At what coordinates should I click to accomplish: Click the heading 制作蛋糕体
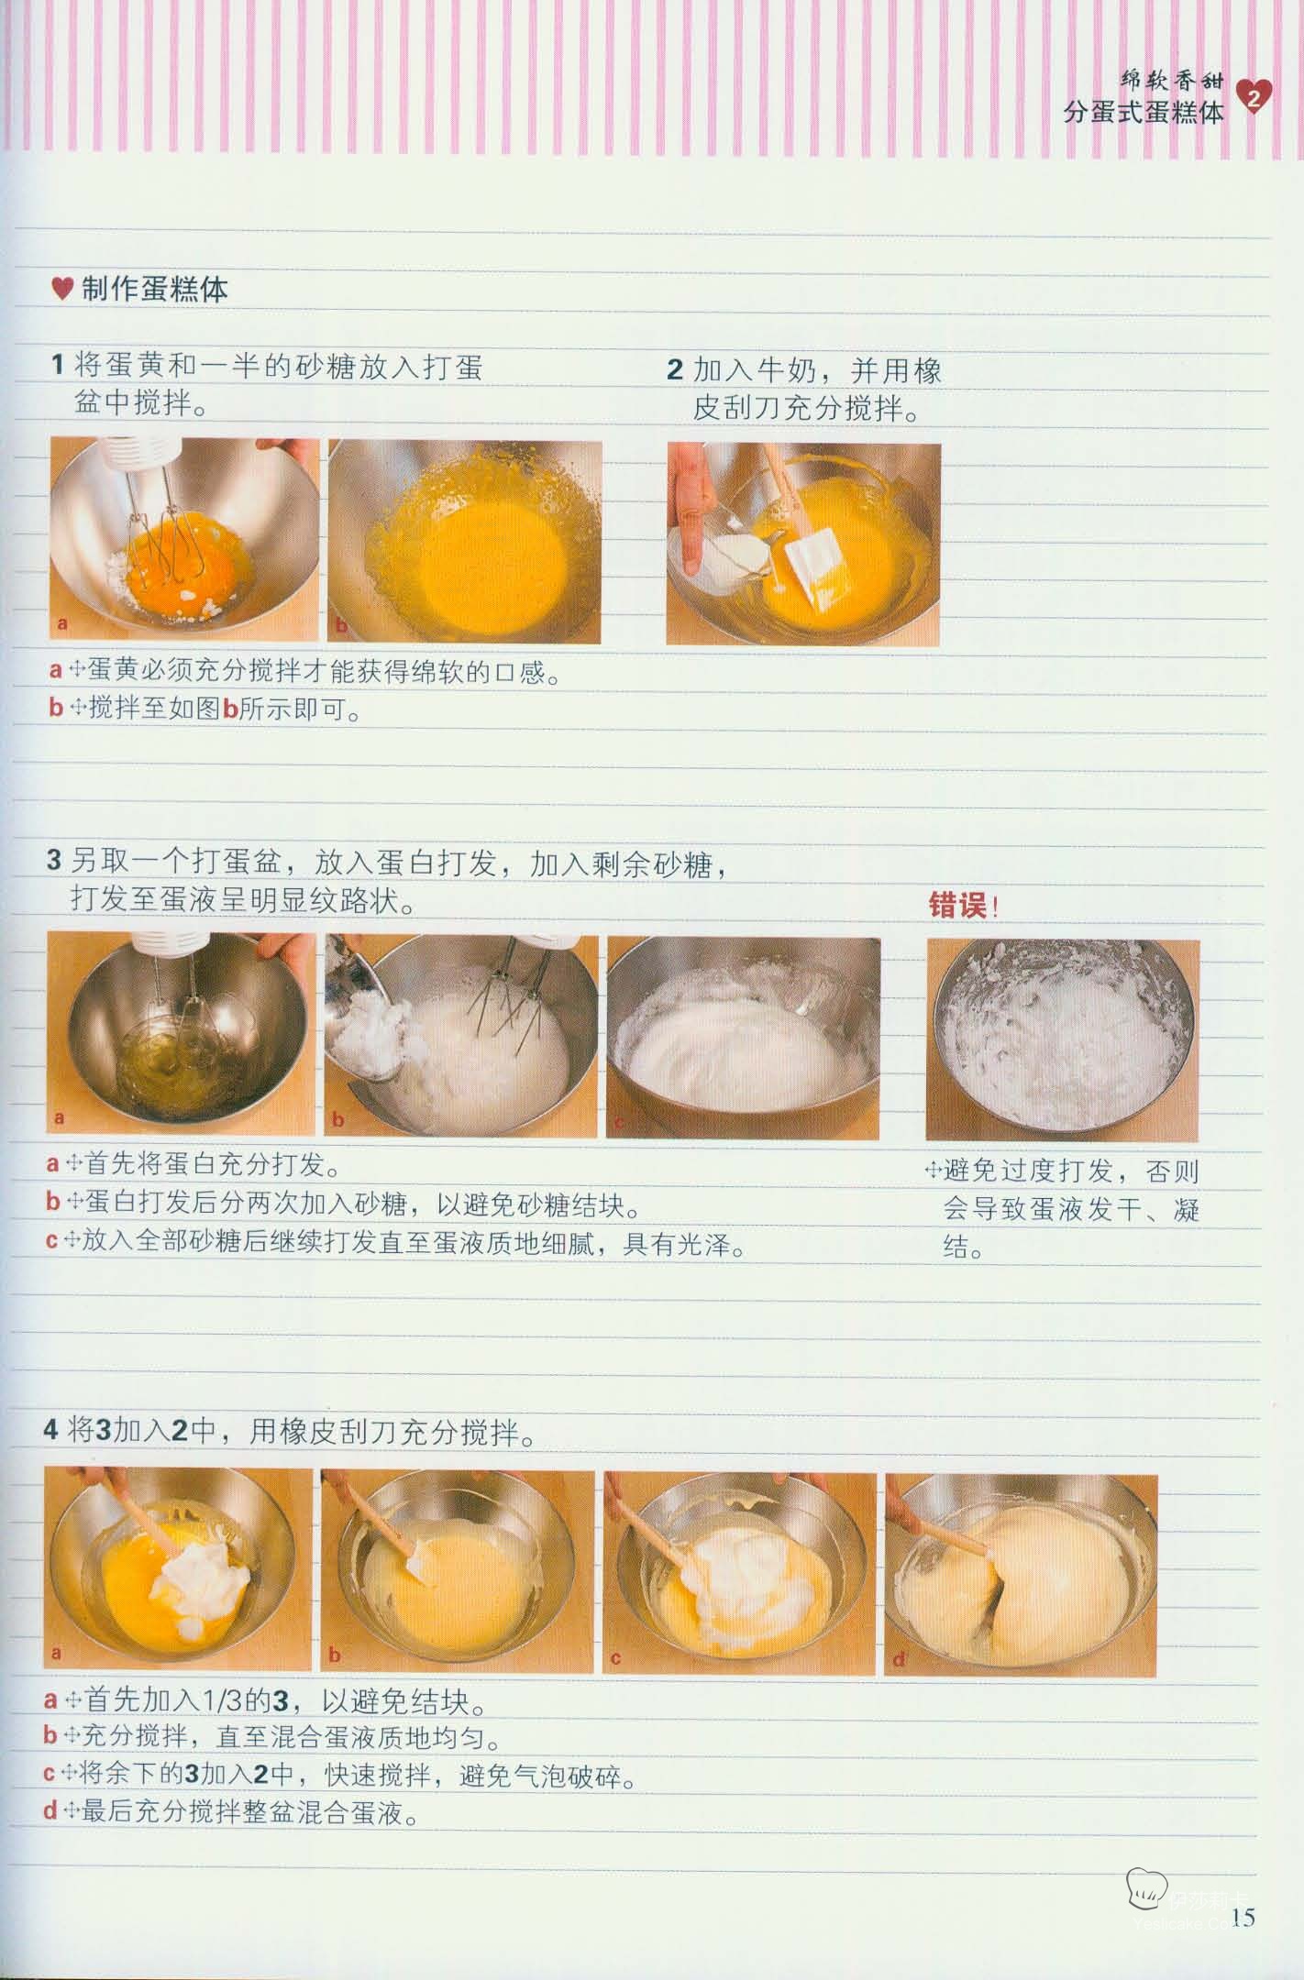(x=154, y=290)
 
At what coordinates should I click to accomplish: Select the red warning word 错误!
(x=963, y=906)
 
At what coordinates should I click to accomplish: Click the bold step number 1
(x=57, y=367)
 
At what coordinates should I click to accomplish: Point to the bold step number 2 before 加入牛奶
(x=675, y=370)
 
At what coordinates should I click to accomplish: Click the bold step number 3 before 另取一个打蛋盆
(x=54, y=861)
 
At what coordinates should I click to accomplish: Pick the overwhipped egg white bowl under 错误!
(x=1063, y=1039)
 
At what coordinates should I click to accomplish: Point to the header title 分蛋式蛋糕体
(x=1144, y=113)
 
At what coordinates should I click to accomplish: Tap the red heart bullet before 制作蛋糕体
(x=62, y=290)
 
